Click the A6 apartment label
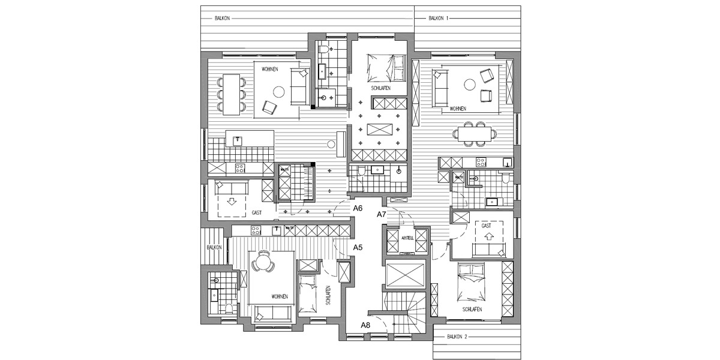pyautogui.click(x=358, y=208)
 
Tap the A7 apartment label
pyautogui.click(x=381, y=214)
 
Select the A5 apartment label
pyautogui.click(x=358, y=247)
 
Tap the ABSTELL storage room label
pyautogui.click(x=407, y=237)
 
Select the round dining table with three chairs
pyautogui.click(x=262, y=263)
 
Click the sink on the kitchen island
pyautogui.click(x=237, y=140)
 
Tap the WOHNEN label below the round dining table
pyautogui.click(x=278, y=297)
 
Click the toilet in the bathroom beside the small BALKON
pyautogui.click(x=229, y=308)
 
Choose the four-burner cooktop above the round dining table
pyautogui.click(x=256, y=229)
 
